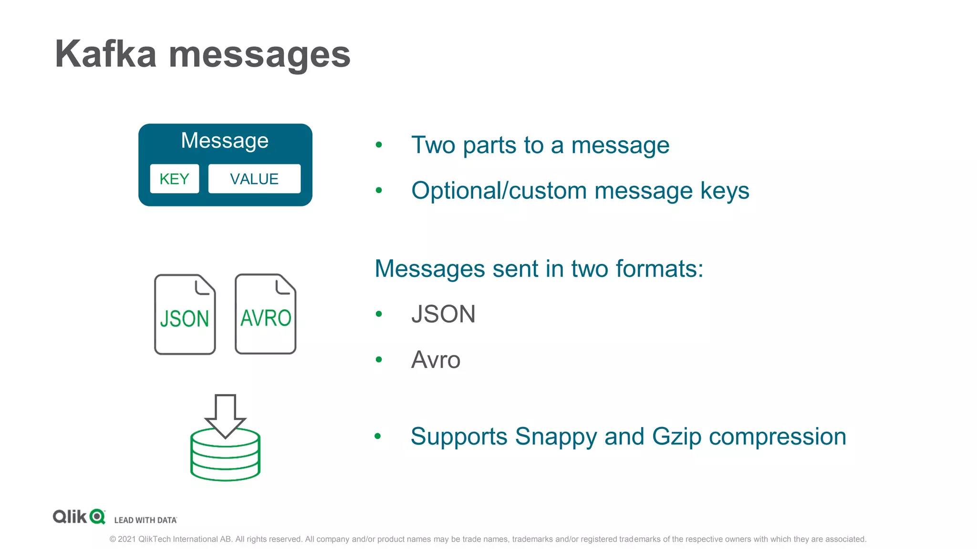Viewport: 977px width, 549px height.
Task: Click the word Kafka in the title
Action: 105,54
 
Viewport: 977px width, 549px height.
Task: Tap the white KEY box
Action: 174,179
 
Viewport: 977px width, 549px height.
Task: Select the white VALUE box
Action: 254,179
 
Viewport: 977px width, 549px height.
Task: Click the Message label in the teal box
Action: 225,141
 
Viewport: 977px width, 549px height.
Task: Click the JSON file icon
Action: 185,315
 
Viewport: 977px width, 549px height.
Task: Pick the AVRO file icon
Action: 266,314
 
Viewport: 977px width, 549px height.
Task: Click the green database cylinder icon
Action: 225,457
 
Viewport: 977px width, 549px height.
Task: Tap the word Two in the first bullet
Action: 433,145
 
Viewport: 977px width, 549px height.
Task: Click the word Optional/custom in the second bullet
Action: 499,191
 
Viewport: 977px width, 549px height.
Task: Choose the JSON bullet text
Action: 443,314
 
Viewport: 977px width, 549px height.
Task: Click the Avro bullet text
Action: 436,360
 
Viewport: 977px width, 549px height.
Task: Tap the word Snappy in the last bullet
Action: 556,437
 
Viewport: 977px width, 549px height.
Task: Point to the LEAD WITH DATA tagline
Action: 146,520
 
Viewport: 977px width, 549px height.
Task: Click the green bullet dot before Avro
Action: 379,359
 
